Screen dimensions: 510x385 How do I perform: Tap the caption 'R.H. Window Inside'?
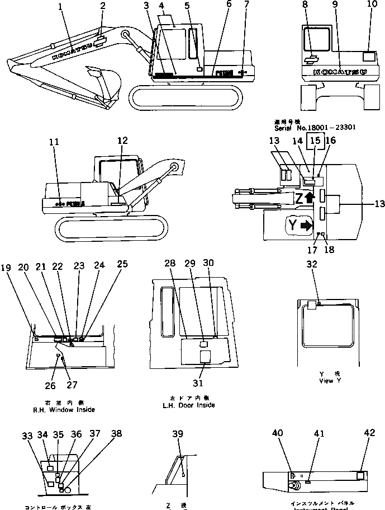[63, 409]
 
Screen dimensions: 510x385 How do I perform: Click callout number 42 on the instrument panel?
[369, 433]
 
